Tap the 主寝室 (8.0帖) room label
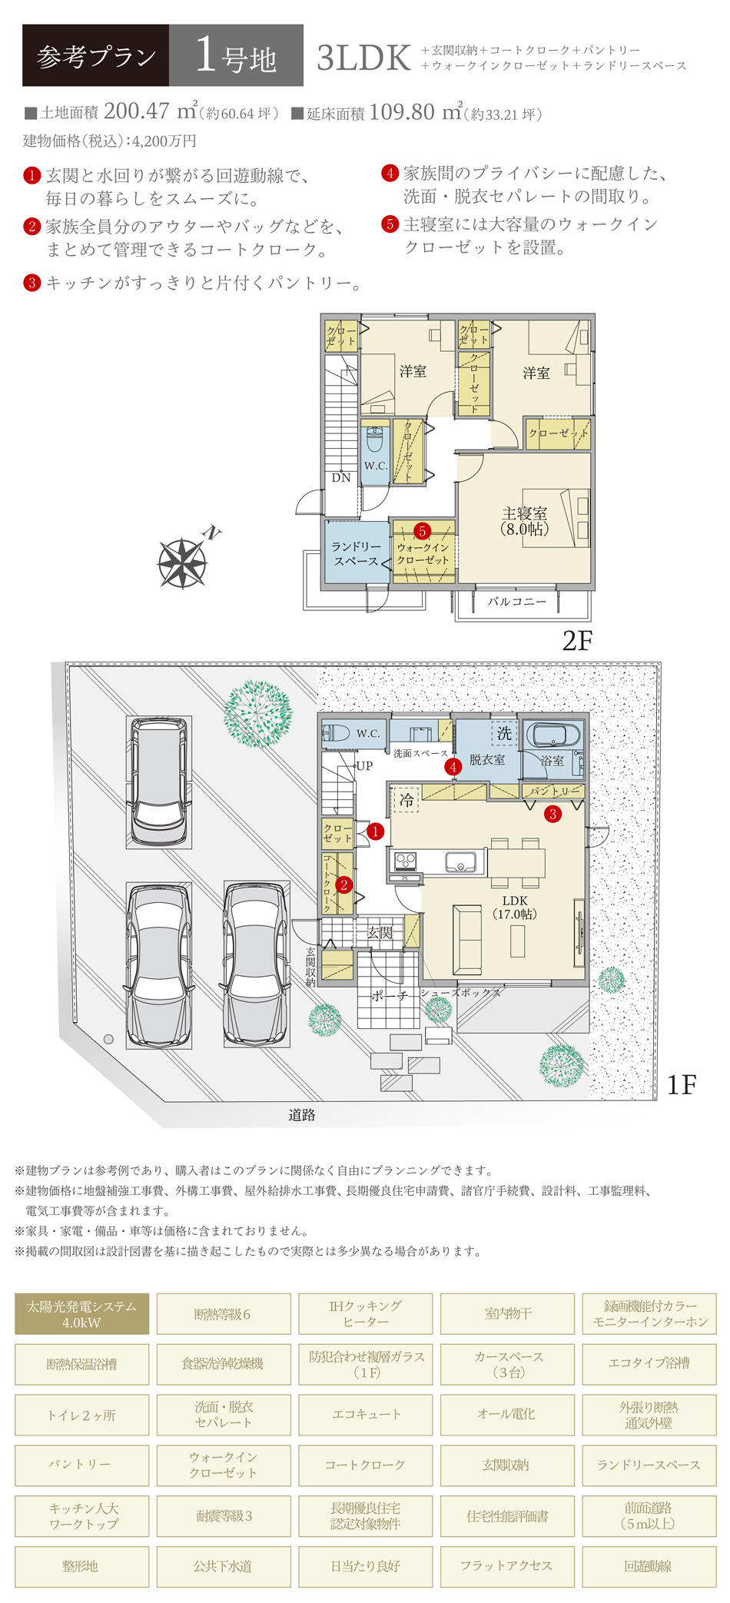point(525,521)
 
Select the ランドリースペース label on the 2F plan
point(356,553)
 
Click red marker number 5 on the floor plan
point(422,531)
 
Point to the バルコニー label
point(517,602)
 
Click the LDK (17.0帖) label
point(515,908)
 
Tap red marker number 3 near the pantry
point(552,814)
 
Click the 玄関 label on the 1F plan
point(380,933)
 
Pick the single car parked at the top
point(158,781)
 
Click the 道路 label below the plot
point(302,1115)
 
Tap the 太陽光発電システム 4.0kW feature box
point(81,1314)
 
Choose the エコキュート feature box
point(366,1415)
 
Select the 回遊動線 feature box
point(649,1567)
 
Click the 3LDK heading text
point(363,58)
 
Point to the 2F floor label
point(577,641)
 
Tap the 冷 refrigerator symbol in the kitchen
point(406,799)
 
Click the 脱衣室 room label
point(487,760)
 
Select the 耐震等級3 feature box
point(224,1516)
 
